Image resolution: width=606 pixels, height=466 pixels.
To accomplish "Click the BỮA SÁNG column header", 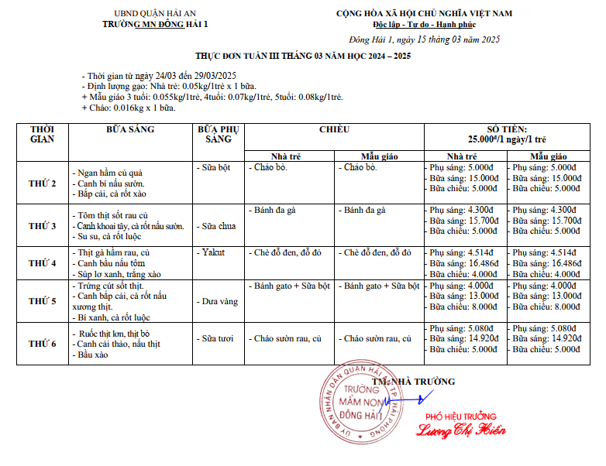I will pyautogui.click(x=130, y=130).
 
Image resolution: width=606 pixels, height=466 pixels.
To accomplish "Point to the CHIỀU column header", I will pyautogui.click(x=334, y=130).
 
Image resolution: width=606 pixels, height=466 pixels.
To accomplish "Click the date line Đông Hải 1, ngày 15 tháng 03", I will pyautogui.click(x=424, y=39).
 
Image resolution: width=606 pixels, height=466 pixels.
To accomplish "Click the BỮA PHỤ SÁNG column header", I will pyautogui.click(x=218, y=133).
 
